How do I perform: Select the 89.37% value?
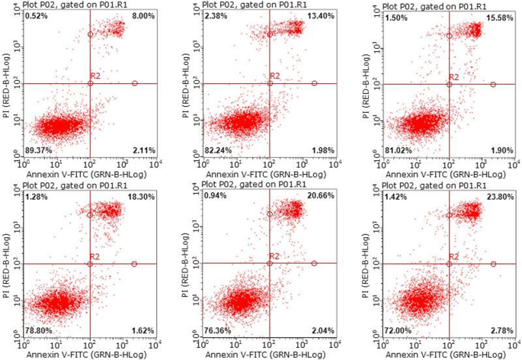(37, 149)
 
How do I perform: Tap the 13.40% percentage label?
(319, 16)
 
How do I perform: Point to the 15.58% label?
(499, 16)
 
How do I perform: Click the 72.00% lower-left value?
(396, 330)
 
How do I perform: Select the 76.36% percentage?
(217, 330)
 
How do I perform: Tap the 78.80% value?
(37, 330)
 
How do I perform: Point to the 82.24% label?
(217, 149)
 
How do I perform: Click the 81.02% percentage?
(396, 149)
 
